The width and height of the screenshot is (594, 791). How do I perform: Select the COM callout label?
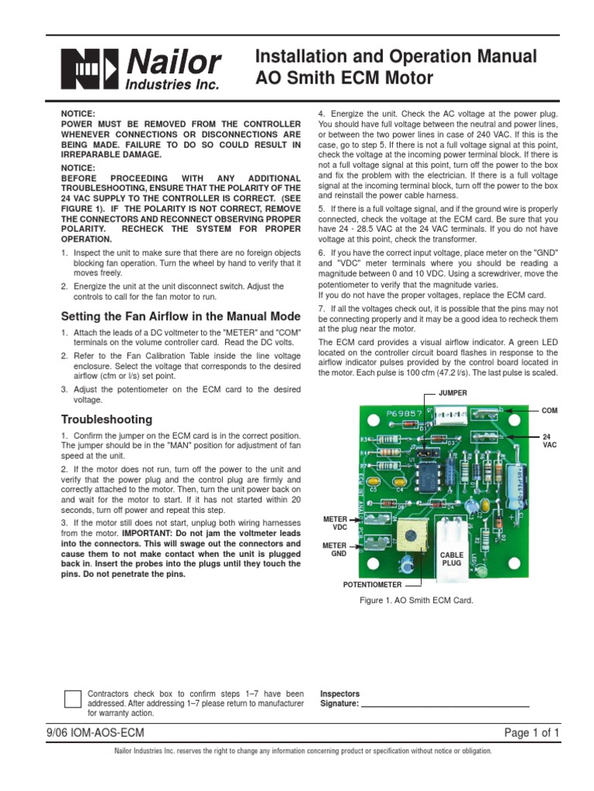click(x=550, y=411)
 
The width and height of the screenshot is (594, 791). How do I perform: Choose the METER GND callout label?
click(x=335, y=549)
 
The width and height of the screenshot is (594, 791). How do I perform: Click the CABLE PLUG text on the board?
click(x=452, y=559)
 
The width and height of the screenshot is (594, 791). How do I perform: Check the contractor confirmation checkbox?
click(x=72, y=698)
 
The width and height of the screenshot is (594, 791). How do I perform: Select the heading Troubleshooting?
click(x=107, y=419)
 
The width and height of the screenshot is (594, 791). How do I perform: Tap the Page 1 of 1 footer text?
click(x=531, y=733)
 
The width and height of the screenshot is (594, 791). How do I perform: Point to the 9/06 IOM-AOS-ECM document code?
click(x=97, y=733)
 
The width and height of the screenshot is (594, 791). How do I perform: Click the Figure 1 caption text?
click(x=422, y=599)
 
